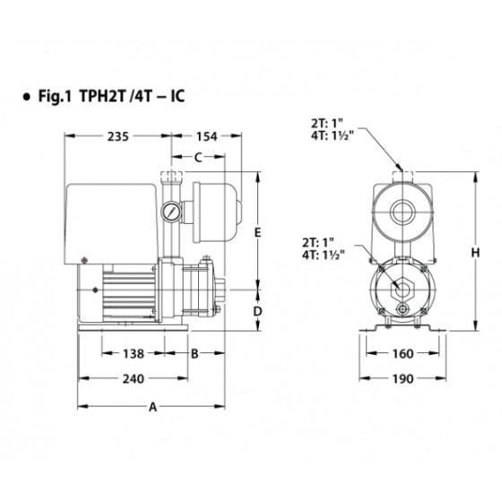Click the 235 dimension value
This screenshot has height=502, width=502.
[x=117, y=136]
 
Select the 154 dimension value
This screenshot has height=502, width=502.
[x=206, y=136]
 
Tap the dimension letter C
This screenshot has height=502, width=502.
[x=198, y=157]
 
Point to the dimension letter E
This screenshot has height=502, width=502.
[x=258, y=232]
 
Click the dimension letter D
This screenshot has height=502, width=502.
[x=258, y=311]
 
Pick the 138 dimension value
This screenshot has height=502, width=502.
[x=134, y=354]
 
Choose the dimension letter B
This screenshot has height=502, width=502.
[x=195, y=354]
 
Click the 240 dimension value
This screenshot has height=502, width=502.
[x=134, y=379]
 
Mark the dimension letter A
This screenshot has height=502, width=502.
[x=153, y=407]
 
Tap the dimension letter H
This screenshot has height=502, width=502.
[x=475, y=253]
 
